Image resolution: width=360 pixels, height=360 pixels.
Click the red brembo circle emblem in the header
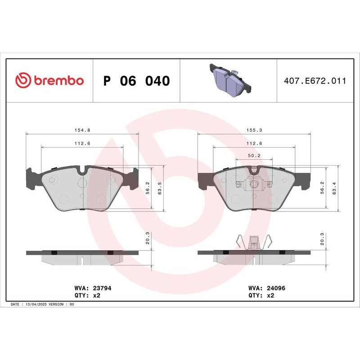pos(22,81)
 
